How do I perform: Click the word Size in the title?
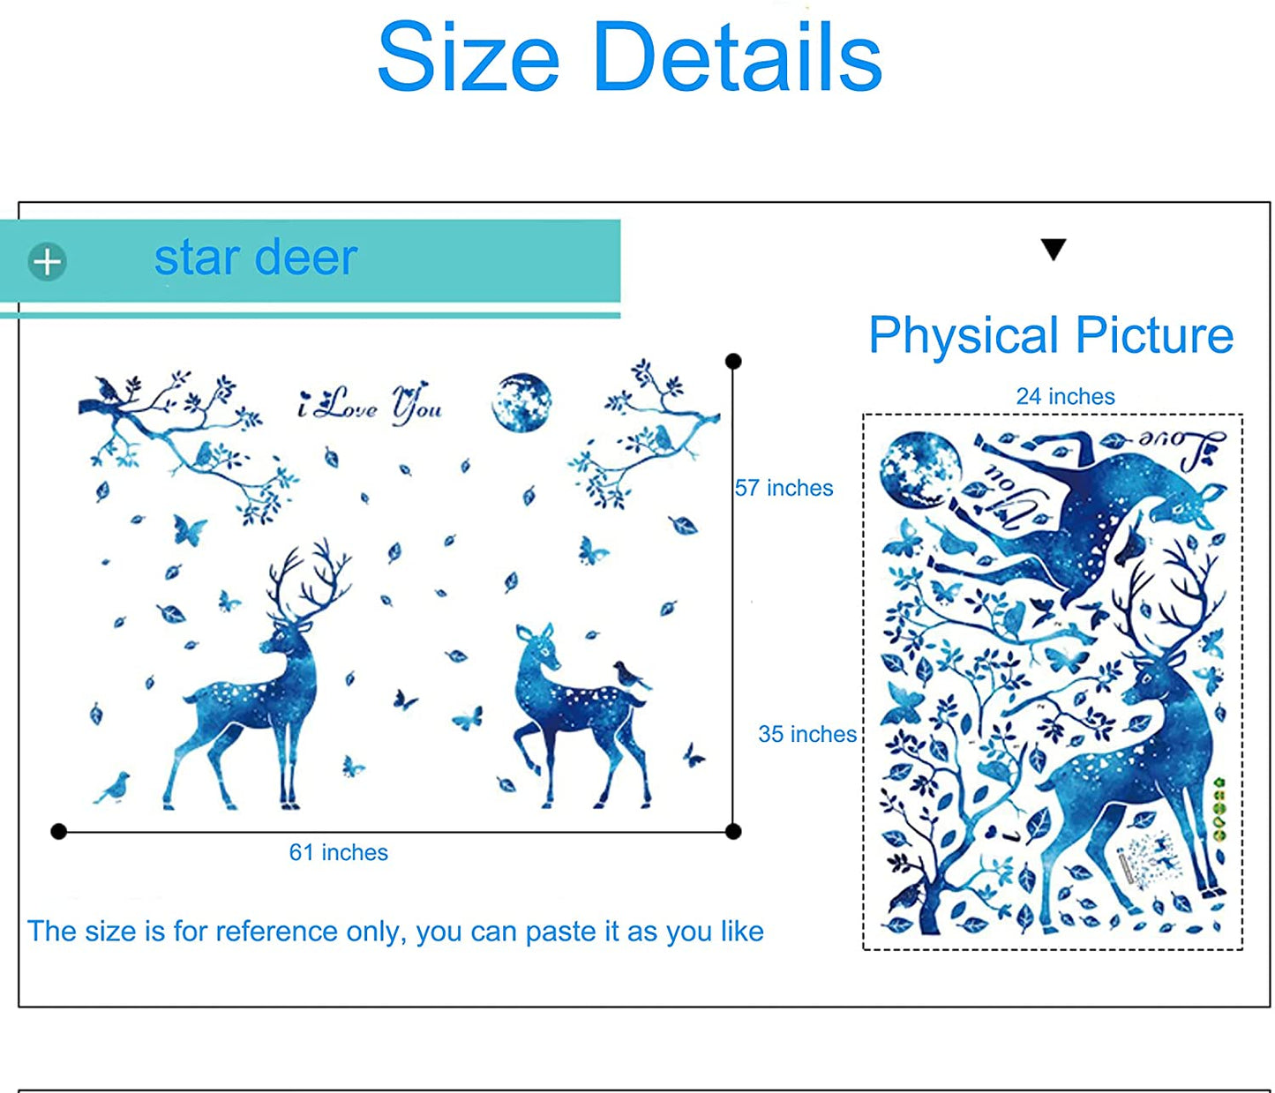pos(469,56)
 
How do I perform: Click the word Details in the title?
pos(738,56)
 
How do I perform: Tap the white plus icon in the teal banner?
pos(48,262)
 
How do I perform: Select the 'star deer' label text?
pos(255,258)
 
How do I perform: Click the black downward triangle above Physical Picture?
pos(1053,249)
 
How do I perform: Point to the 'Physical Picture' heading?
pos(1051,336)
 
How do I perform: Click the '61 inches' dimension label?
pos(339,852)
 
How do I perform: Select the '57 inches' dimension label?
pos(784,488)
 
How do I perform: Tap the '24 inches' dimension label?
pos(1065,396)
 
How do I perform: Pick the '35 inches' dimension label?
pos(807,734)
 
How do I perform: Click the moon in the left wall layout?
pos(521,402)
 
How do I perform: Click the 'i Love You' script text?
pos(370,404)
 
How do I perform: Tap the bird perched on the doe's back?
pos(630,675)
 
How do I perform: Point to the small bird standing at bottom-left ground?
pos(113,788)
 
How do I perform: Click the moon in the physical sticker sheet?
pos(920,471)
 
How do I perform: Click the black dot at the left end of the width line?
pos(58,832)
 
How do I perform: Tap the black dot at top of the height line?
pos(733,362)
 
